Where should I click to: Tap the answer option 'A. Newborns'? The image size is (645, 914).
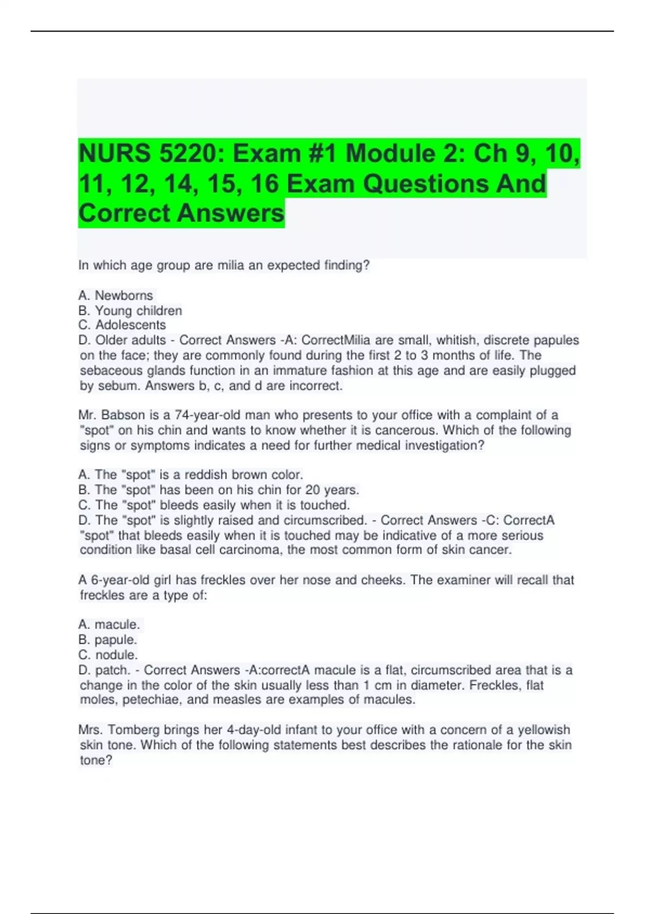(116, 295)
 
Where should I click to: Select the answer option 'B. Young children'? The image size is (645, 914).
(130, 310)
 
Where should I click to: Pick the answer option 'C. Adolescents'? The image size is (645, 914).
(122, 325)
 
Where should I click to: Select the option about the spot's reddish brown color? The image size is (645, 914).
(191, 475)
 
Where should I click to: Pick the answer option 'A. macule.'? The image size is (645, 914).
(109, 624)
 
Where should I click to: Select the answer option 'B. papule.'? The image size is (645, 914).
(107, 640)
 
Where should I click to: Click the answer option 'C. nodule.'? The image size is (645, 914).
(108, 655)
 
